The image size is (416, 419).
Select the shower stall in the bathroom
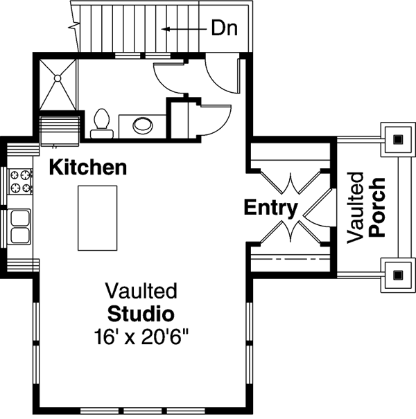[x=58, y=84]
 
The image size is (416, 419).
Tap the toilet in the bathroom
[x=101, y=122]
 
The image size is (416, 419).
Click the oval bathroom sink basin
[x=144, y=125]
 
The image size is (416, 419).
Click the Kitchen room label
[x=87, y=167]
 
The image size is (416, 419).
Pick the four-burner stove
[x=20, y=181]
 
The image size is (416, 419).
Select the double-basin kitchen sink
[x=20, y=226]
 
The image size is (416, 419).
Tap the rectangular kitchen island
[x=96, y=217]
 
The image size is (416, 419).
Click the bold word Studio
[x=141, y=312]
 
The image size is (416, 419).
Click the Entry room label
[x=271, y=207]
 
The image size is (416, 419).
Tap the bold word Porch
[x=377, y=208]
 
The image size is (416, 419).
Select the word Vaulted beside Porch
[x=356, y=208]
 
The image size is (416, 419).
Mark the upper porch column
[x=397, y=139]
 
